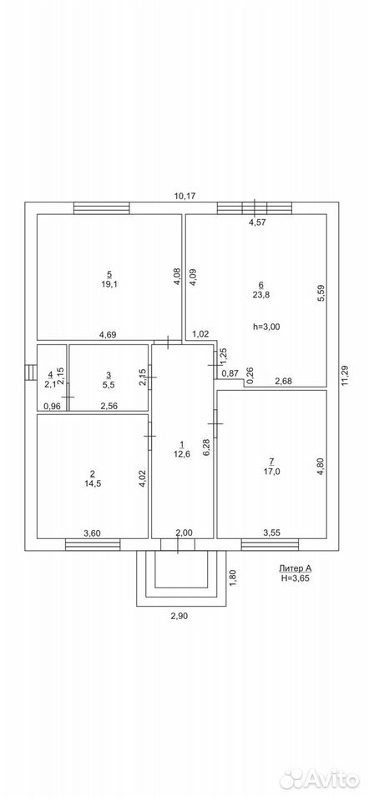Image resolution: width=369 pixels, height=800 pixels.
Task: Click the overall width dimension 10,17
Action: [x=185, y=195]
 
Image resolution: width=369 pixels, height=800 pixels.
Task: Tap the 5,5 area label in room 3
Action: [x=109, y=384]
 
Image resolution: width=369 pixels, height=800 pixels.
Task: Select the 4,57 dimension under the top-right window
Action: [x=256, y=222]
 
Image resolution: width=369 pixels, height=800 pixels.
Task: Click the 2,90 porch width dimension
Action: [x=178, y=616]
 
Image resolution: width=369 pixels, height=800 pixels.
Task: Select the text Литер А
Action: [x=295, y=568]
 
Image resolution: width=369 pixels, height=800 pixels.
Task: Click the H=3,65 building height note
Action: [x=295, y=578]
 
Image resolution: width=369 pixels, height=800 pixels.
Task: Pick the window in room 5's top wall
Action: [x=101, y=208]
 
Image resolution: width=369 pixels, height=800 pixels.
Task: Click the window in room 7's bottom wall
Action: [x=270, y=545]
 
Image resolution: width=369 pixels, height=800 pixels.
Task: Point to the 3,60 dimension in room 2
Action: [x=92, y=533]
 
